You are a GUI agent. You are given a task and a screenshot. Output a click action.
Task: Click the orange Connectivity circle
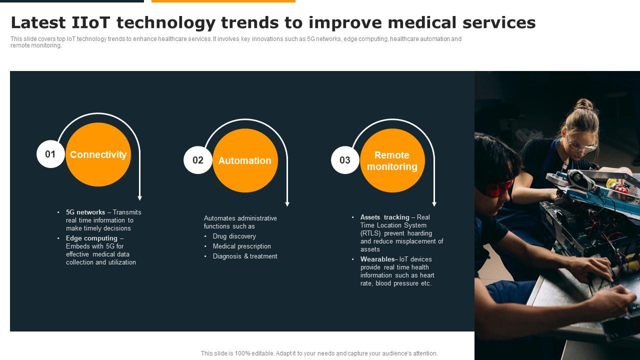98,154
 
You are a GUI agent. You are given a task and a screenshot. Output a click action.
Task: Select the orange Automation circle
245,160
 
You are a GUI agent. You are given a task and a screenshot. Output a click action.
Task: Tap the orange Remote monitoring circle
392,160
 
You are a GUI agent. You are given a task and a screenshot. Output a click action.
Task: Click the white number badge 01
50,154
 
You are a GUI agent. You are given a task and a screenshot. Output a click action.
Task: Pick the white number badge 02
198,160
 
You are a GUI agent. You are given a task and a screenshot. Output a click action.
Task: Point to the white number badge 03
345,160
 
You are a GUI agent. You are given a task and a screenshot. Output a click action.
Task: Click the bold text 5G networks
85,212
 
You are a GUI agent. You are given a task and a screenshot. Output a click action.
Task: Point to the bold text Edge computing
91,238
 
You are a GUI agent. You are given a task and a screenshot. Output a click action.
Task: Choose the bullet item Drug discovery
234,236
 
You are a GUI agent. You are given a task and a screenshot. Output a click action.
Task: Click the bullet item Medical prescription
241,246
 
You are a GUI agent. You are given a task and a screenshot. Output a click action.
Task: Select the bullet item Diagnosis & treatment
245,256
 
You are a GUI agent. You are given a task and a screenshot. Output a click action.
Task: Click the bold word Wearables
377,259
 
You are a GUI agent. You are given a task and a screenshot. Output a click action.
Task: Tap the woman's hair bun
583,104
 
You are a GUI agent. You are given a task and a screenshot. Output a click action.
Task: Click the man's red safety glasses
499,188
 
